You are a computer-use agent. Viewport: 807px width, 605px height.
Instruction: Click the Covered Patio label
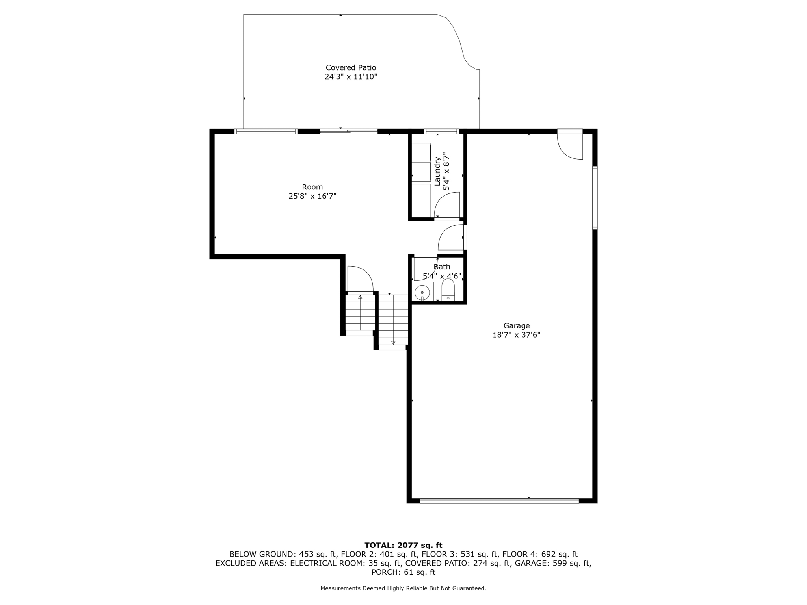pos(351,68)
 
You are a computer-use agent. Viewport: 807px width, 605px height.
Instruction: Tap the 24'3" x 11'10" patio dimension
pos(351,77)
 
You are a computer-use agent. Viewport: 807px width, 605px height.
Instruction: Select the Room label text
pos(312,187)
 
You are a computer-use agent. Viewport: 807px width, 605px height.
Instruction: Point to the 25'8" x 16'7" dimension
pos(312,196)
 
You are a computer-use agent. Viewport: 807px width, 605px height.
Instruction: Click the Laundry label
pos(437,171)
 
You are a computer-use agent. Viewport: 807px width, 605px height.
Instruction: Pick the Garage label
pos(516,326)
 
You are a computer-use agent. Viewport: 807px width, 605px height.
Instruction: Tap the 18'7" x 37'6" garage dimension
pos(516,335)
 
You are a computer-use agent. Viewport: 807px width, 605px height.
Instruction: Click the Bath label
pos(442,267)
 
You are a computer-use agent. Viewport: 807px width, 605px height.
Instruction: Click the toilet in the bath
pos(448,290)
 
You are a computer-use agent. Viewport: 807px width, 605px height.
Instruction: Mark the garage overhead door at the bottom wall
pos(499,501)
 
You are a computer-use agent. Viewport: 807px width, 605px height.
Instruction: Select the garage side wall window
pos(595,198)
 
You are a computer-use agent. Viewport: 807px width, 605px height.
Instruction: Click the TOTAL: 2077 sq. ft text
pos(403,546)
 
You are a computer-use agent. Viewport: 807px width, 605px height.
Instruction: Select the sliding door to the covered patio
pos(349,131)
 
